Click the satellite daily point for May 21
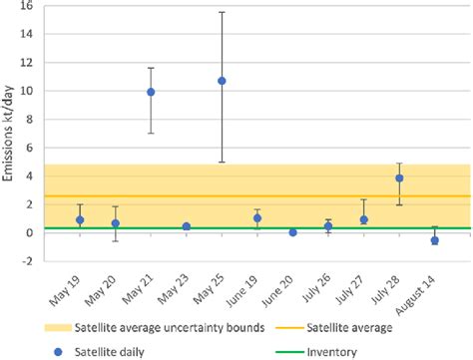(151, 92)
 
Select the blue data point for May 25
(222, 81)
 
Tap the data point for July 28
(399, 179)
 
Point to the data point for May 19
(80, 220)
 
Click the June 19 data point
(257, 218)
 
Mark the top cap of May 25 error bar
(222, 12)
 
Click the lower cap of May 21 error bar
(151, 134)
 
